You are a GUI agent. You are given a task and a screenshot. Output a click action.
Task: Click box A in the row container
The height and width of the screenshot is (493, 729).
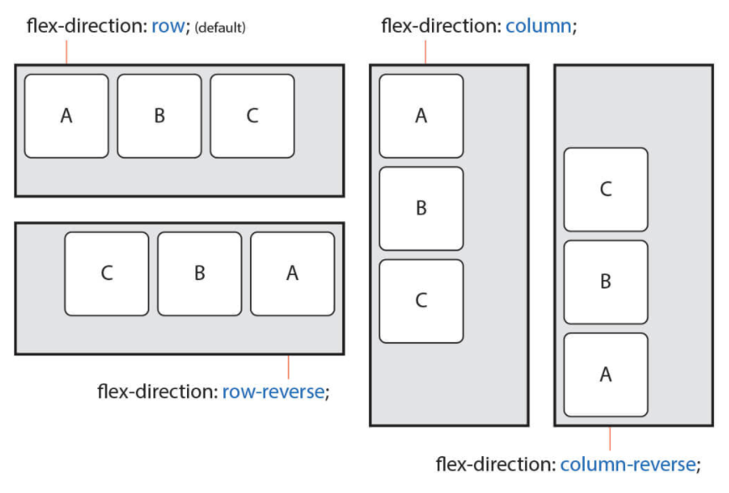tap(66, 117)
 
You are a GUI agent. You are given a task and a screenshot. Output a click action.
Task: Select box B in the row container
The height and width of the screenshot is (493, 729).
tap(159, 117)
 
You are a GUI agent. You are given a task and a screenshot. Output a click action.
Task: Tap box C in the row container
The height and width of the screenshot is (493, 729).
tap(252, 117)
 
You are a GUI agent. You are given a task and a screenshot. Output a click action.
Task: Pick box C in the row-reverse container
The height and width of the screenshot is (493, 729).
tap(107, 273)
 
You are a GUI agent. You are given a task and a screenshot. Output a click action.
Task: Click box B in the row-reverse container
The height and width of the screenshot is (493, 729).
tap(200, 273)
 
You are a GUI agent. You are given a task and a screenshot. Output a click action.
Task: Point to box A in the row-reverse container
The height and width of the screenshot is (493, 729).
tap(293, 273)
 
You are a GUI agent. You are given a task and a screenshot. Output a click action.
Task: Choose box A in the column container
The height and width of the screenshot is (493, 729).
tap(421, 117)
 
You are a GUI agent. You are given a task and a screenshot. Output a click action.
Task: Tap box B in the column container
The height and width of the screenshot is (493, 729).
tap(421, 209)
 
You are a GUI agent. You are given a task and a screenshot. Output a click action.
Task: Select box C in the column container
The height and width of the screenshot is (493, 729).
tap(421, 301)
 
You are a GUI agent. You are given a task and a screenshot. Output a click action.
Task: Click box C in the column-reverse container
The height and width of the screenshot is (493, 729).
tap(606, 189)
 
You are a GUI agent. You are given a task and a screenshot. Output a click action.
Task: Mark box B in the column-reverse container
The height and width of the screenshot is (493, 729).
tap(606, 282)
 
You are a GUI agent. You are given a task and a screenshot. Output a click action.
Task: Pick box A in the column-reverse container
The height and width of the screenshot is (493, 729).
tap(606, 375)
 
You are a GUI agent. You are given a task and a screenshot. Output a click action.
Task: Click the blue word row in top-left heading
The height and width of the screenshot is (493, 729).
tap(169, 26)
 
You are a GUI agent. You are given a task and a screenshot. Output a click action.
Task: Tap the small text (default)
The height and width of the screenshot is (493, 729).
tap(220, 28)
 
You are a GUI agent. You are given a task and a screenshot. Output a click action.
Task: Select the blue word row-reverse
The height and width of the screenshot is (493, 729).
tap(273, 392)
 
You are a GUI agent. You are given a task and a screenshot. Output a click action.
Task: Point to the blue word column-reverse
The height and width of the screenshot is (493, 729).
tap(628, 464)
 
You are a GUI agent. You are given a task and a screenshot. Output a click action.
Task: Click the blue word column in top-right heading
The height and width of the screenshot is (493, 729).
tap(539, 26)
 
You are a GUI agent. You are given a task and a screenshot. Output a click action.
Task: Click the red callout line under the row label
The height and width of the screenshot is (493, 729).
tap(66, 52)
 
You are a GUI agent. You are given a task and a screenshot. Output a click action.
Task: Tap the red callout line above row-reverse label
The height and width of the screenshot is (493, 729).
tap(289, 367)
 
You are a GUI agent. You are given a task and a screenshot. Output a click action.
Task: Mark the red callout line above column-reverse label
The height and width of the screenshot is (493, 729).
tap(610, 439)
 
